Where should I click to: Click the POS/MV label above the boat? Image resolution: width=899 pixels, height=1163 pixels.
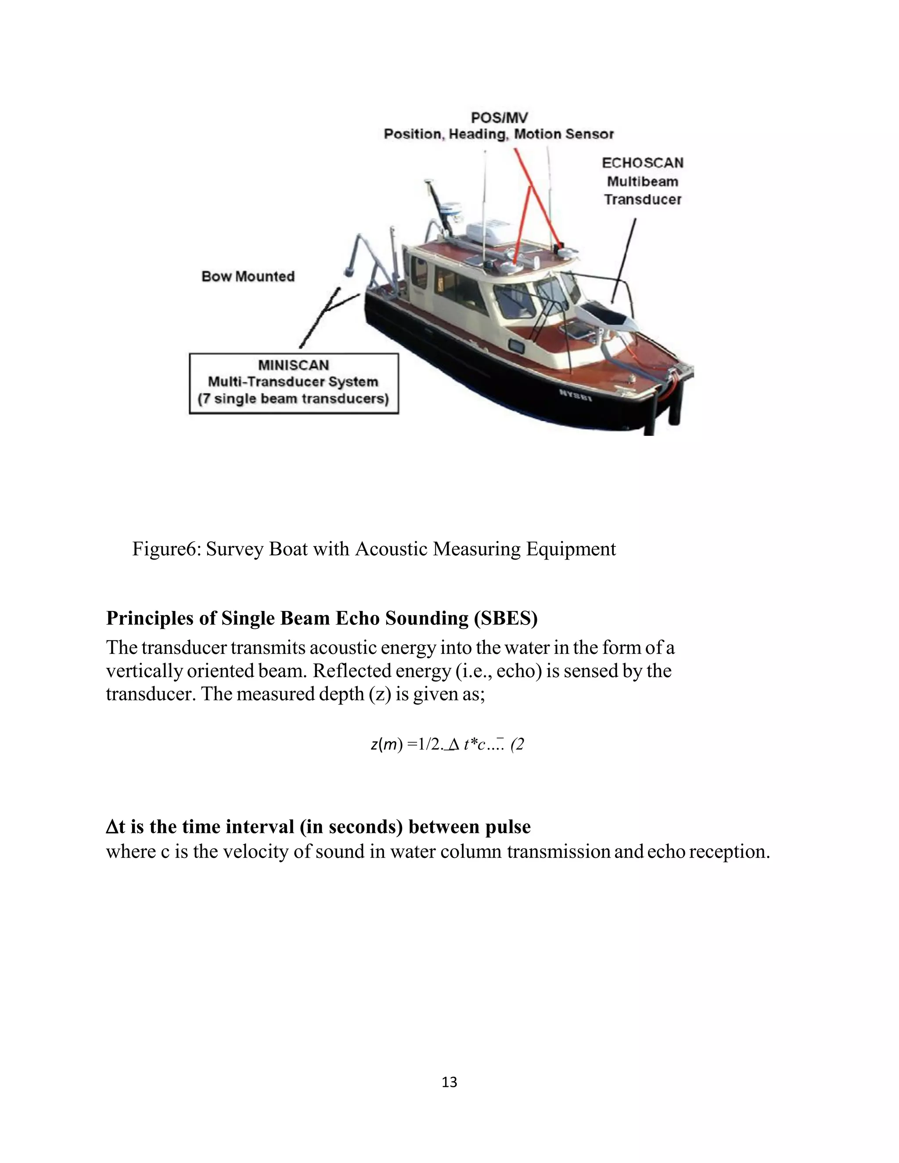pos(499,117)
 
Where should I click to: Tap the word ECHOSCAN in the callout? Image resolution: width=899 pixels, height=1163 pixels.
pos(642,163)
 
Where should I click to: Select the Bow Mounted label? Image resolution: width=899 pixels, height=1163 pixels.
pos(248,276)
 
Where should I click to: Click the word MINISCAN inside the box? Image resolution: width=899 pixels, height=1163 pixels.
pos(294,365)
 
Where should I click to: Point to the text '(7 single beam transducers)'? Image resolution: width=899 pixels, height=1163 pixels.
pos(294,399)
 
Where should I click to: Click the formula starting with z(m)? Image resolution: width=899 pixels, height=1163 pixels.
pos(447,744)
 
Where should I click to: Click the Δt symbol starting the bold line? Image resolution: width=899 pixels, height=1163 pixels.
pos(115,826)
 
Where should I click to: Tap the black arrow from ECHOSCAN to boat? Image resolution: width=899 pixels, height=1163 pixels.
pos(624,261)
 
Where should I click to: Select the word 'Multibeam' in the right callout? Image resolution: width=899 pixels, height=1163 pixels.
pos(642,182)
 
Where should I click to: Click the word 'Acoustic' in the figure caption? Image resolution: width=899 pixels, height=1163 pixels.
pos(391,549)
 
